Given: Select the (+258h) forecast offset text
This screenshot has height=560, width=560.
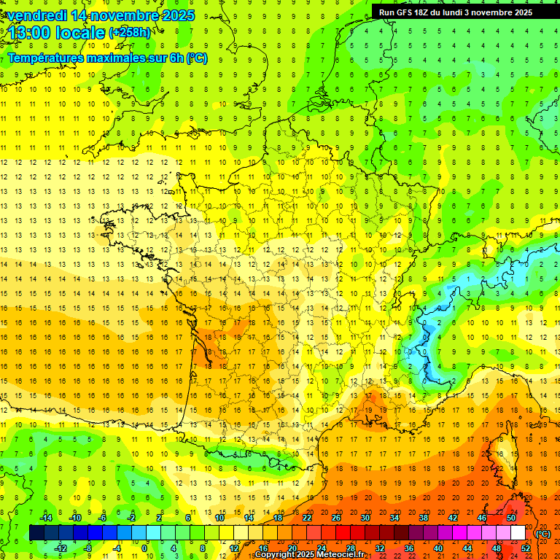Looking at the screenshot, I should [x=130, y=32].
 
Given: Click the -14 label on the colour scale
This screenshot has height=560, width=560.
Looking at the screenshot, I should [x=45, y=518].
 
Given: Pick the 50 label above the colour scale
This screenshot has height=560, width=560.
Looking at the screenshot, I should [x=510, y=518].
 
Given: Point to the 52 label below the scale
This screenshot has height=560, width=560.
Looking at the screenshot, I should [x=526, y=548].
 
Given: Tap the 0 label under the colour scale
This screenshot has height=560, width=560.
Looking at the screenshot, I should [x=145, y=548].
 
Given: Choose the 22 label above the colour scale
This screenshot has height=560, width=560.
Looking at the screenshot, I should [x=307, y=518].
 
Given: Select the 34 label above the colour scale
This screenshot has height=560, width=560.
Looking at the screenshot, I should [x=394, y=518].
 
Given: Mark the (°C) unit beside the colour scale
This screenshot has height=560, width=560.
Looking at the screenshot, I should [x=542, y=533].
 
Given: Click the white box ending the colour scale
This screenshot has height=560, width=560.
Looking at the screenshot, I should [x=518, y=533].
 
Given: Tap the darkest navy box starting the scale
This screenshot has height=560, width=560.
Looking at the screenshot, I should [x=36, y=533].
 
